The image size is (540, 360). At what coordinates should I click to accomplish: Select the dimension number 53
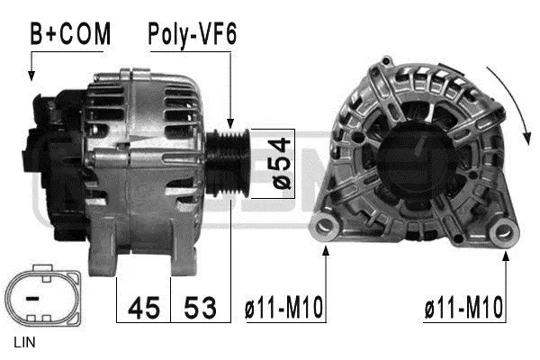[x=200, y=308]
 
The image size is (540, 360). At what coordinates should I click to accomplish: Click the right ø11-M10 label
[x=463, y=308]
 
